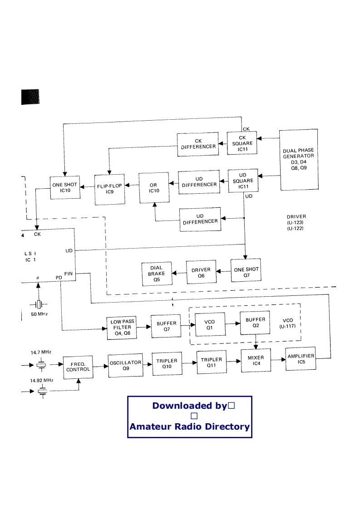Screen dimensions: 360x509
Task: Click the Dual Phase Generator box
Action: [299, 159]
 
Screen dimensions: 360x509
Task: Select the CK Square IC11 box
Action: [242, 143]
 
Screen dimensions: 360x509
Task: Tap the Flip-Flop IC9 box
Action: [109, 189]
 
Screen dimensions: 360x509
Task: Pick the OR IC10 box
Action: [154, 188]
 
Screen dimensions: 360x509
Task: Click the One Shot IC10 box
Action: [65, 188]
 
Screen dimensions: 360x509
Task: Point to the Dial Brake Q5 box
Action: [157, 274]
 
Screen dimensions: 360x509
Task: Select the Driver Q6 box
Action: [201, 272]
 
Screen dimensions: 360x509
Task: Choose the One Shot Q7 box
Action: [246, 270]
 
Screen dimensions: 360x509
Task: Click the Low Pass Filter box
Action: [122, 328]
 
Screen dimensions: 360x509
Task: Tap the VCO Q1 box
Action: [210, 324]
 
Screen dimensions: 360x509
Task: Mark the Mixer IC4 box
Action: [256, 360]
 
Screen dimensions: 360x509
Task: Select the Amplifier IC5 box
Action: [301, 358]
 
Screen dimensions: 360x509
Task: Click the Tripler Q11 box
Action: [212, 362]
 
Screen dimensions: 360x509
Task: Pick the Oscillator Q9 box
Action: [125, 365]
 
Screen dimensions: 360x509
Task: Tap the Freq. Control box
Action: [78, 367]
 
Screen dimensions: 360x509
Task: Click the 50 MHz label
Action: [39, 314]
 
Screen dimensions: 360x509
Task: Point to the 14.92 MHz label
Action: [42, 380]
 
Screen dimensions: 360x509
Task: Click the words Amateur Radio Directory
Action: [190, 426]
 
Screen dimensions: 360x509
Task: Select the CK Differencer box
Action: [198, 144]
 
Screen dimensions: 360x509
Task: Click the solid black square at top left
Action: [30, 97]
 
